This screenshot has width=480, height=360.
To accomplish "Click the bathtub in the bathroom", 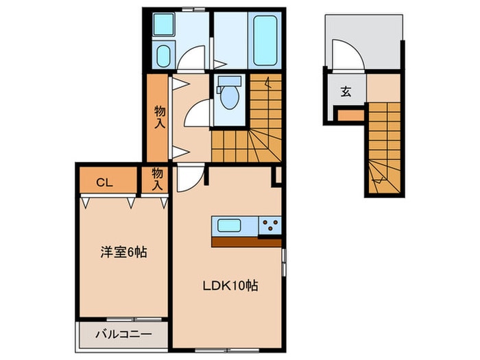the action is coord(265,40).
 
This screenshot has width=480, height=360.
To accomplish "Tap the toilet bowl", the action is coord(230,97).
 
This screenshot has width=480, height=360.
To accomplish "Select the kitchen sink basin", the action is coord(229,226).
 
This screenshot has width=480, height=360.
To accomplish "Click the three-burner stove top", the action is coord(269,226).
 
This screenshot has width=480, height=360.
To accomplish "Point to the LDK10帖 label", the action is coord(230,286).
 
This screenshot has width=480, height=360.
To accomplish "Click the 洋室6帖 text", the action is coord(123,252).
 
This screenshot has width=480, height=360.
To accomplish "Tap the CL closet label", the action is coord(105,183).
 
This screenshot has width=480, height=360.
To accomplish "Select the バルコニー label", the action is coord(123,334).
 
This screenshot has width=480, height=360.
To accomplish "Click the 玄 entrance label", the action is coord(346,91).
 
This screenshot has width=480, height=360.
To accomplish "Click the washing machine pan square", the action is coord(163,24).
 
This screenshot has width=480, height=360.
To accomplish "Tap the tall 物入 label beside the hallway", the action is coord(160,117).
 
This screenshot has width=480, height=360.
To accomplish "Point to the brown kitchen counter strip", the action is coord(246,243).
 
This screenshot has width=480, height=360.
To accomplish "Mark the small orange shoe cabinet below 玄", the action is coord(351,116).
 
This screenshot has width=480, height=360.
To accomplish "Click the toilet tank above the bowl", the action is coord(230,80).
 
